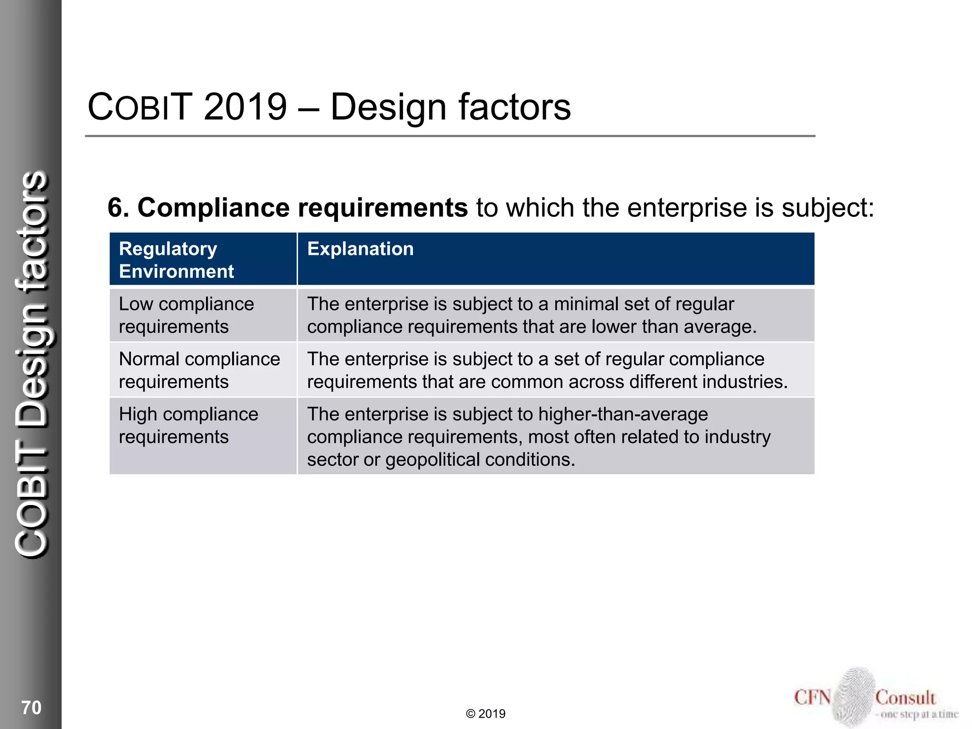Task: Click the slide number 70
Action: point(31,707)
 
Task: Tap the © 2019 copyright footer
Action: point(486,714)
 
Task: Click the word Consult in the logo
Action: point(905,698)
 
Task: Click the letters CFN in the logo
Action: point(813,697)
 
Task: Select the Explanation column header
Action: point(360,249)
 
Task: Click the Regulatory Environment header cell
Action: point(177,260)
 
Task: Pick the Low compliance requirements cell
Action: point(186,315)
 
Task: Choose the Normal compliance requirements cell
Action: point(199,370)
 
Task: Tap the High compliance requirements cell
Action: point(188,425)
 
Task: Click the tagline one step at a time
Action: point(919,714)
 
